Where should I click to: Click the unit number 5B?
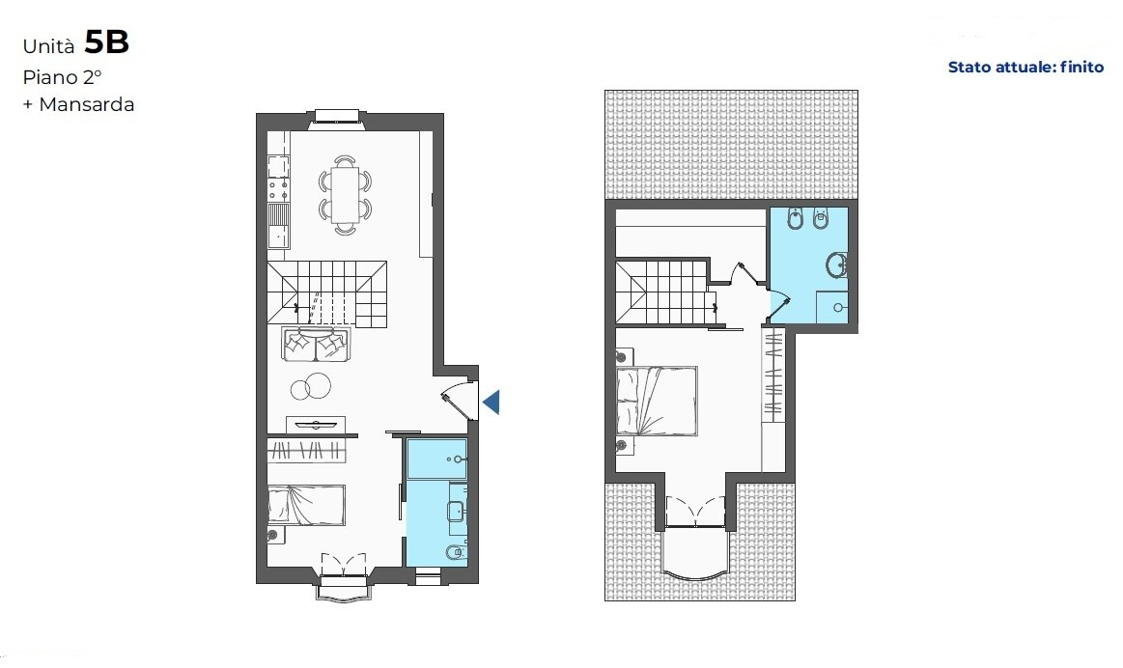tap(107, 42)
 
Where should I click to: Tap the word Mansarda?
tap(87, 104)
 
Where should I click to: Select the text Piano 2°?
tap(62, 77)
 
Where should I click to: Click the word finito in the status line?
tap(1081, 68)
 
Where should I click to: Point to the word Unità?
tap(48, 46)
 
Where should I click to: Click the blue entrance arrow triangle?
tap(491, 403)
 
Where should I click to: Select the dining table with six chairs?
tap(346, 195)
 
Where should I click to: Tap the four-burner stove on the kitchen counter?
tap(278, 190)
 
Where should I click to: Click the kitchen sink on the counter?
tap(278, 225)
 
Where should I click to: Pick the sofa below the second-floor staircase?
tap(315, 345)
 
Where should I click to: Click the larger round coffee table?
tap(318, 386)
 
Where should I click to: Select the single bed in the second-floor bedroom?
tap(306, 505)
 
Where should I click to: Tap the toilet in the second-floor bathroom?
tap(456, 552)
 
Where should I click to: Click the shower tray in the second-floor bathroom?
tap(436, 459)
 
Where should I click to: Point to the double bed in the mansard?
tap(657, 401)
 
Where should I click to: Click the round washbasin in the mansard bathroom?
tap(836, 264)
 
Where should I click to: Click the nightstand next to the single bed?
tap(272, 534)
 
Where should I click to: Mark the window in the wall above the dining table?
tap(337, 119)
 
